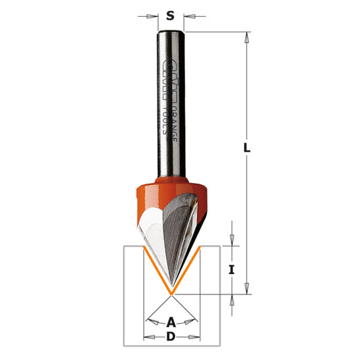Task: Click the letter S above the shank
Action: pyautogui.click(x=171, y=15)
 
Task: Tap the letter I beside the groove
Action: pyautogui.click(x=232, y=269)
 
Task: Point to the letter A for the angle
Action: pyautogui.click(x=171, y=321)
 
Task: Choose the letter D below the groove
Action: pyautogui.click(x=171, y=336)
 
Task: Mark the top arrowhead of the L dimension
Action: pyautogui.click(x=247, y=38)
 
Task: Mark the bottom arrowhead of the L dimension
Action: pyautogui.click(x=247, y=288)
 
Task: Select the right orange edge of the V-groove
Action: pyautogui.click(x=187, y=271)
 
